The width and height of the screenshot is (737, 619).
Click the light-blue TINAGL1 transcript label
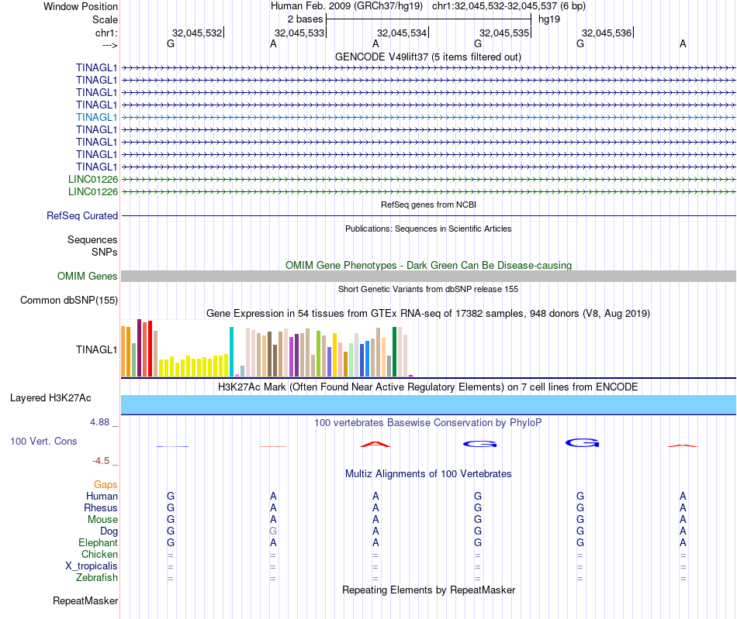97,117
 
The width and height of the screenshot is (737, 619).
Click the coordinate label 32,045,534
402,33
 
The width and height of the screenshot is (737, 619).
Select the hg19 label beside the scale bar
549,19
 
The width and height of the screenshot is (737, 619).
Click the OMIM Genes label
88,277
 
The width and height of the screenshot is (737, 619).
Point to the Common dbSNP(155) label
69,301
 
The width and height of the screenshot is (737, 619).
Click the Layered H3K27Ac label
50,398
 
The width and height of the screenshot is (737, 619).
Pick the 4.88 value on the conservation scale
101,422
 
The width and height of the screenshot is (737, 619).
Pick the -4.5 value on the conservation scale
102,461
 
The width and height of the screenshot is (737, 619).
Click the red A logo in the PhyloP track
375,444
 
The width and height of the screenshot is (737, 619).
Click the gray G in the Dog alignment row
273,531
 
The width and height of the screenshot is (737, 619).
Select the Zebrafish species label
97,578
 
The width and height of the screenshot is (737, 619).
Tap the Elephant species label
98,543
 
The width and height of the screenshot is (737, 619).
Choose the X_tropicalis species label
92,566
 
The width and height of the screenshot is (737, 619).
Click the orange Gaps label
106,485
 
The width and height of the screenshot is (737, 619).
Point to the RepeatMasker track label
85,601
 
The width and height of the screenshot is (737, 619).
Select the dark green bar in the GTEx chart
395,352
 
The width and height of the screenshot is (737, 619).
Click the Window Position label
81,6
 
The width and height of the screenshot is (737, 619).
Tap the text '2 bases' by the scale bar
304,19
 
